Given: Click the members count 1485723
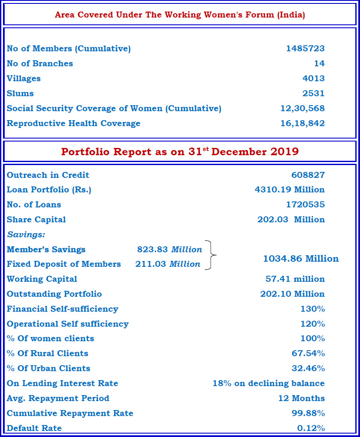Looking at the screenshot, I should tap(305, 49).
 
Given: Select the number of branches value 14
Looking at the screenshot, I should tap(319, 64).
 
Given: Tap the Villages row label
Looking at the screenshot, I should tap(24, 79).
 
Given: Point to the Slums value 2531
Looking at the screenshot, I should tap(313, 94).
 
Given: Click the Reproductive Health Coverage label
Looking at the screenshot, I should tap(74, 124).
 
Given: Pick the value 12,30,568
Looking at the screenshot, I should tap(302, 109).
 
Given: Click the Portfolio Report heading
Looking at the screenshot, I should tap(180, 152).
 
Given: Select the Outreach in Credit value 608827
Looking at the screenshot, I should tap(308, 175).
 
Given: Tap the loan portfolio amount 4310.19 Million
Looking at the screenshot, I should tap(289, 189).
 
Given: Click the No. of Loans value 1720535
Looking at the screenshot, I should tap(305, 204).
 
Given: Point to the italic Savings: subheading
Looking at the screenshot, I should tap(26, 234).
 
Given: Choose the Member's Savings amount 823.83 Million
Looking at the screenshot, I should tap(169, 249).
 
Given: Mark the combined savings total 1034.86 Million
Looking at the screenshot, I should tap(301, 259).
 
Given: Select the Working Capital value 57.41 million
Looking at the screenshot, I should tap(295, 279).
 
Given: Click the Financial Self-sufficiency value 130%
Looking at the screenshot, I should tap(313, 309).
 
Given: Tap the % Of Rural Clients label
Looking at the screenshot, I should tap(47, 354).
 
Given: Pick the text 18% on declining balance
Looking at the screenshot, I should tap(269, 384).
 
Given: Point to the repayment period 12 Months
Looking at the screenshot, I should tap(301, 399).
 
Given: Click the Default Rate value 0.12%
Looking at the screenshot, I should tap(311, 428).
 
